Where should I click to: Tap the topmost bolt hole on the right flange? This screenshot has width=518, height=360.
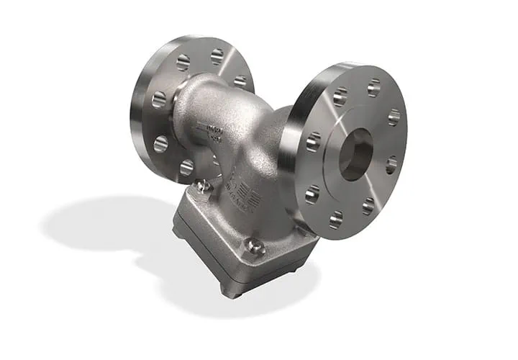373,88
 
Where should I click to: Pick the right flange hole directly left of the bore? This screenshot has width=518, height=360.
314,142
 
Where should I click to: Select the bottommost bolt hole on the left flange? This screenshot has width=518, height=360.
186,168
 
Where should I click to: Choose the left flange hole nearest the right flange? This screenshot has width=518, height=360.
240,81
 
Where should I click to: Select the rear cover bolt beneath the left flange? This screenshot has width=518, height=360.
203,186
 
